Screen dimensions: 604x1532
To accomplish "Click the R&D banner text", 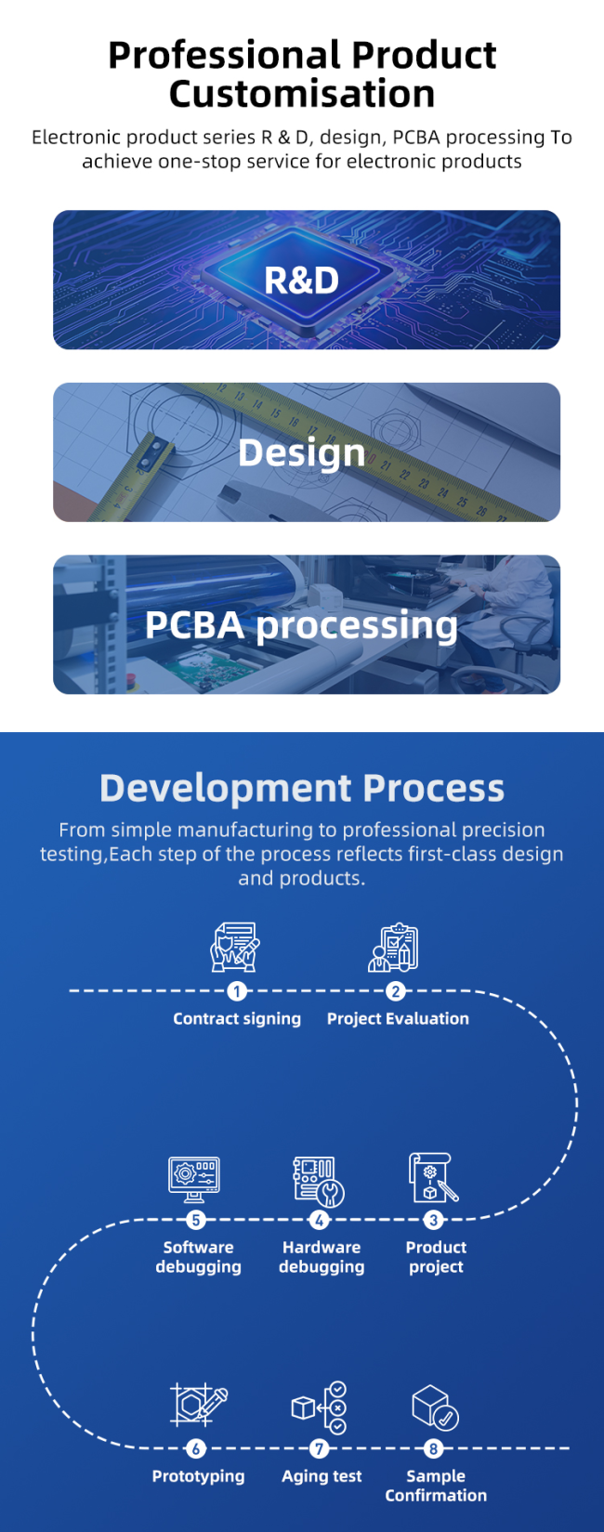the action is (x=302, y=280).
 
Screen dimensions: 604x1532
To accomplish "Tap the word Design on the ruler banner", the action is (x=302, y=452).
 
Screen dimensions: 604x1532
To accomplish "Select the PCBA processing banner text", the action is (x=301, y=626).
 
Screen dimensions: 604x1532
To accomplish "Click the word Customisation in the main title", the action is (x=302, y=94).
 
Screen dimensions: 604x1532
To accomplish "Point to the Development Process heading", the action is (x=302, y=788).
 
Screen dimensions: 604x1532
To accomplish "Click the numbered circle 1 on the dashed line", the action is (x=237, y=991).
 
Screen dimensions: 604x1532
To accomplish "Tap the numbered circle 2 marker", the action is (x=395, y=991).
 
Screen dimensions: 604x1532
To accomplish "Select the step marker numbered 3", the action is (x=433, y=1220).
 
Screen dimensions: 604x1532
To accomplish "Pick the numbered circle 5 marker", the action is (x=196, y=1220).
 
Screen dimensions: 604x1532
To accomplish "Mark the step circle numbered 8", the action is (x=433, y=1447).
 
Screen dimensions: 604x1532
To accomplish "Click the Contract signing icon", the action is (x=234, y=948).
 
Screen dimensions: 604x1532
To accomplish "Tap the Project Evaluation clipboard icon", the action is (x=393, y=948).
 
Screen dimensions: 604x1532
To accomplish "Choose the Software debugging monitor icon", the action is (x=194, y=1179).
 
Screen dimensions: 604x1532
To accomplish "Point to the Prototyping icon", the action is (x=198, y=1407).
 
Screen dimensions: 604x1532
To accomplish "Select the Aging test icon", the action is (x=319, y=1408).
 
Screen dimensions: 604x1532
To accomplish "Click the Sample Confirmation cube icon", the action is (x=435, y=1408).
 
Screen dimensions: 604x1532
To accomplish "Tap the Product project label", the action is (x=436, y=1257).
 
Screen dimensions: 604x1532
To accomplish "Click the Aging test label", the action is (x=322, y=1476).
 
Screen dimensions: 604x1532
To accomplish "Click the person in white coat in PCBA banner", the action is (x=518, y=602).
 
